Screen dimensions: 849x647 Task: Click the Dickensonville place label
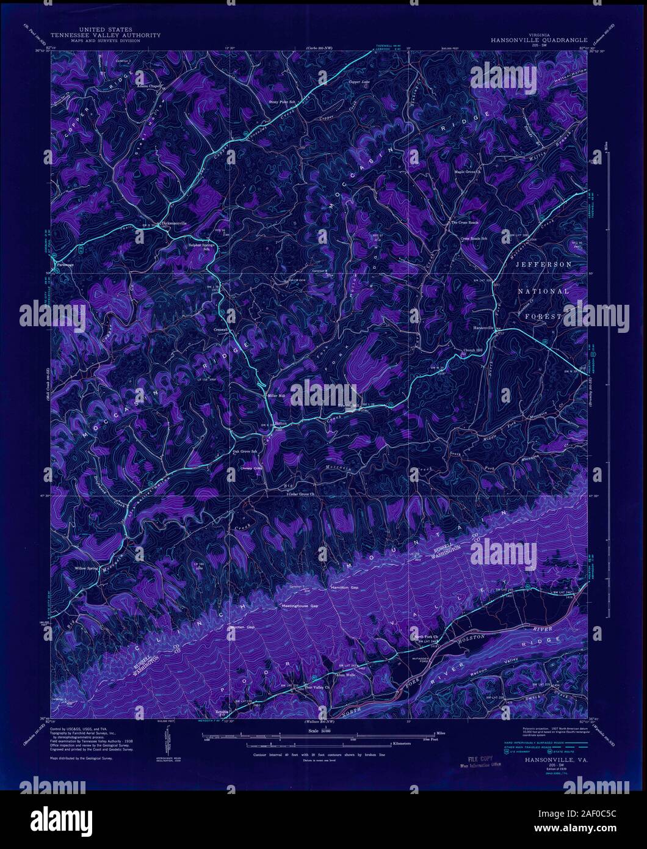(178, 223)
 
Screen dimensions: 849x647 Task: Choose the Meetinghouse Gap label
(299, 605)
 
